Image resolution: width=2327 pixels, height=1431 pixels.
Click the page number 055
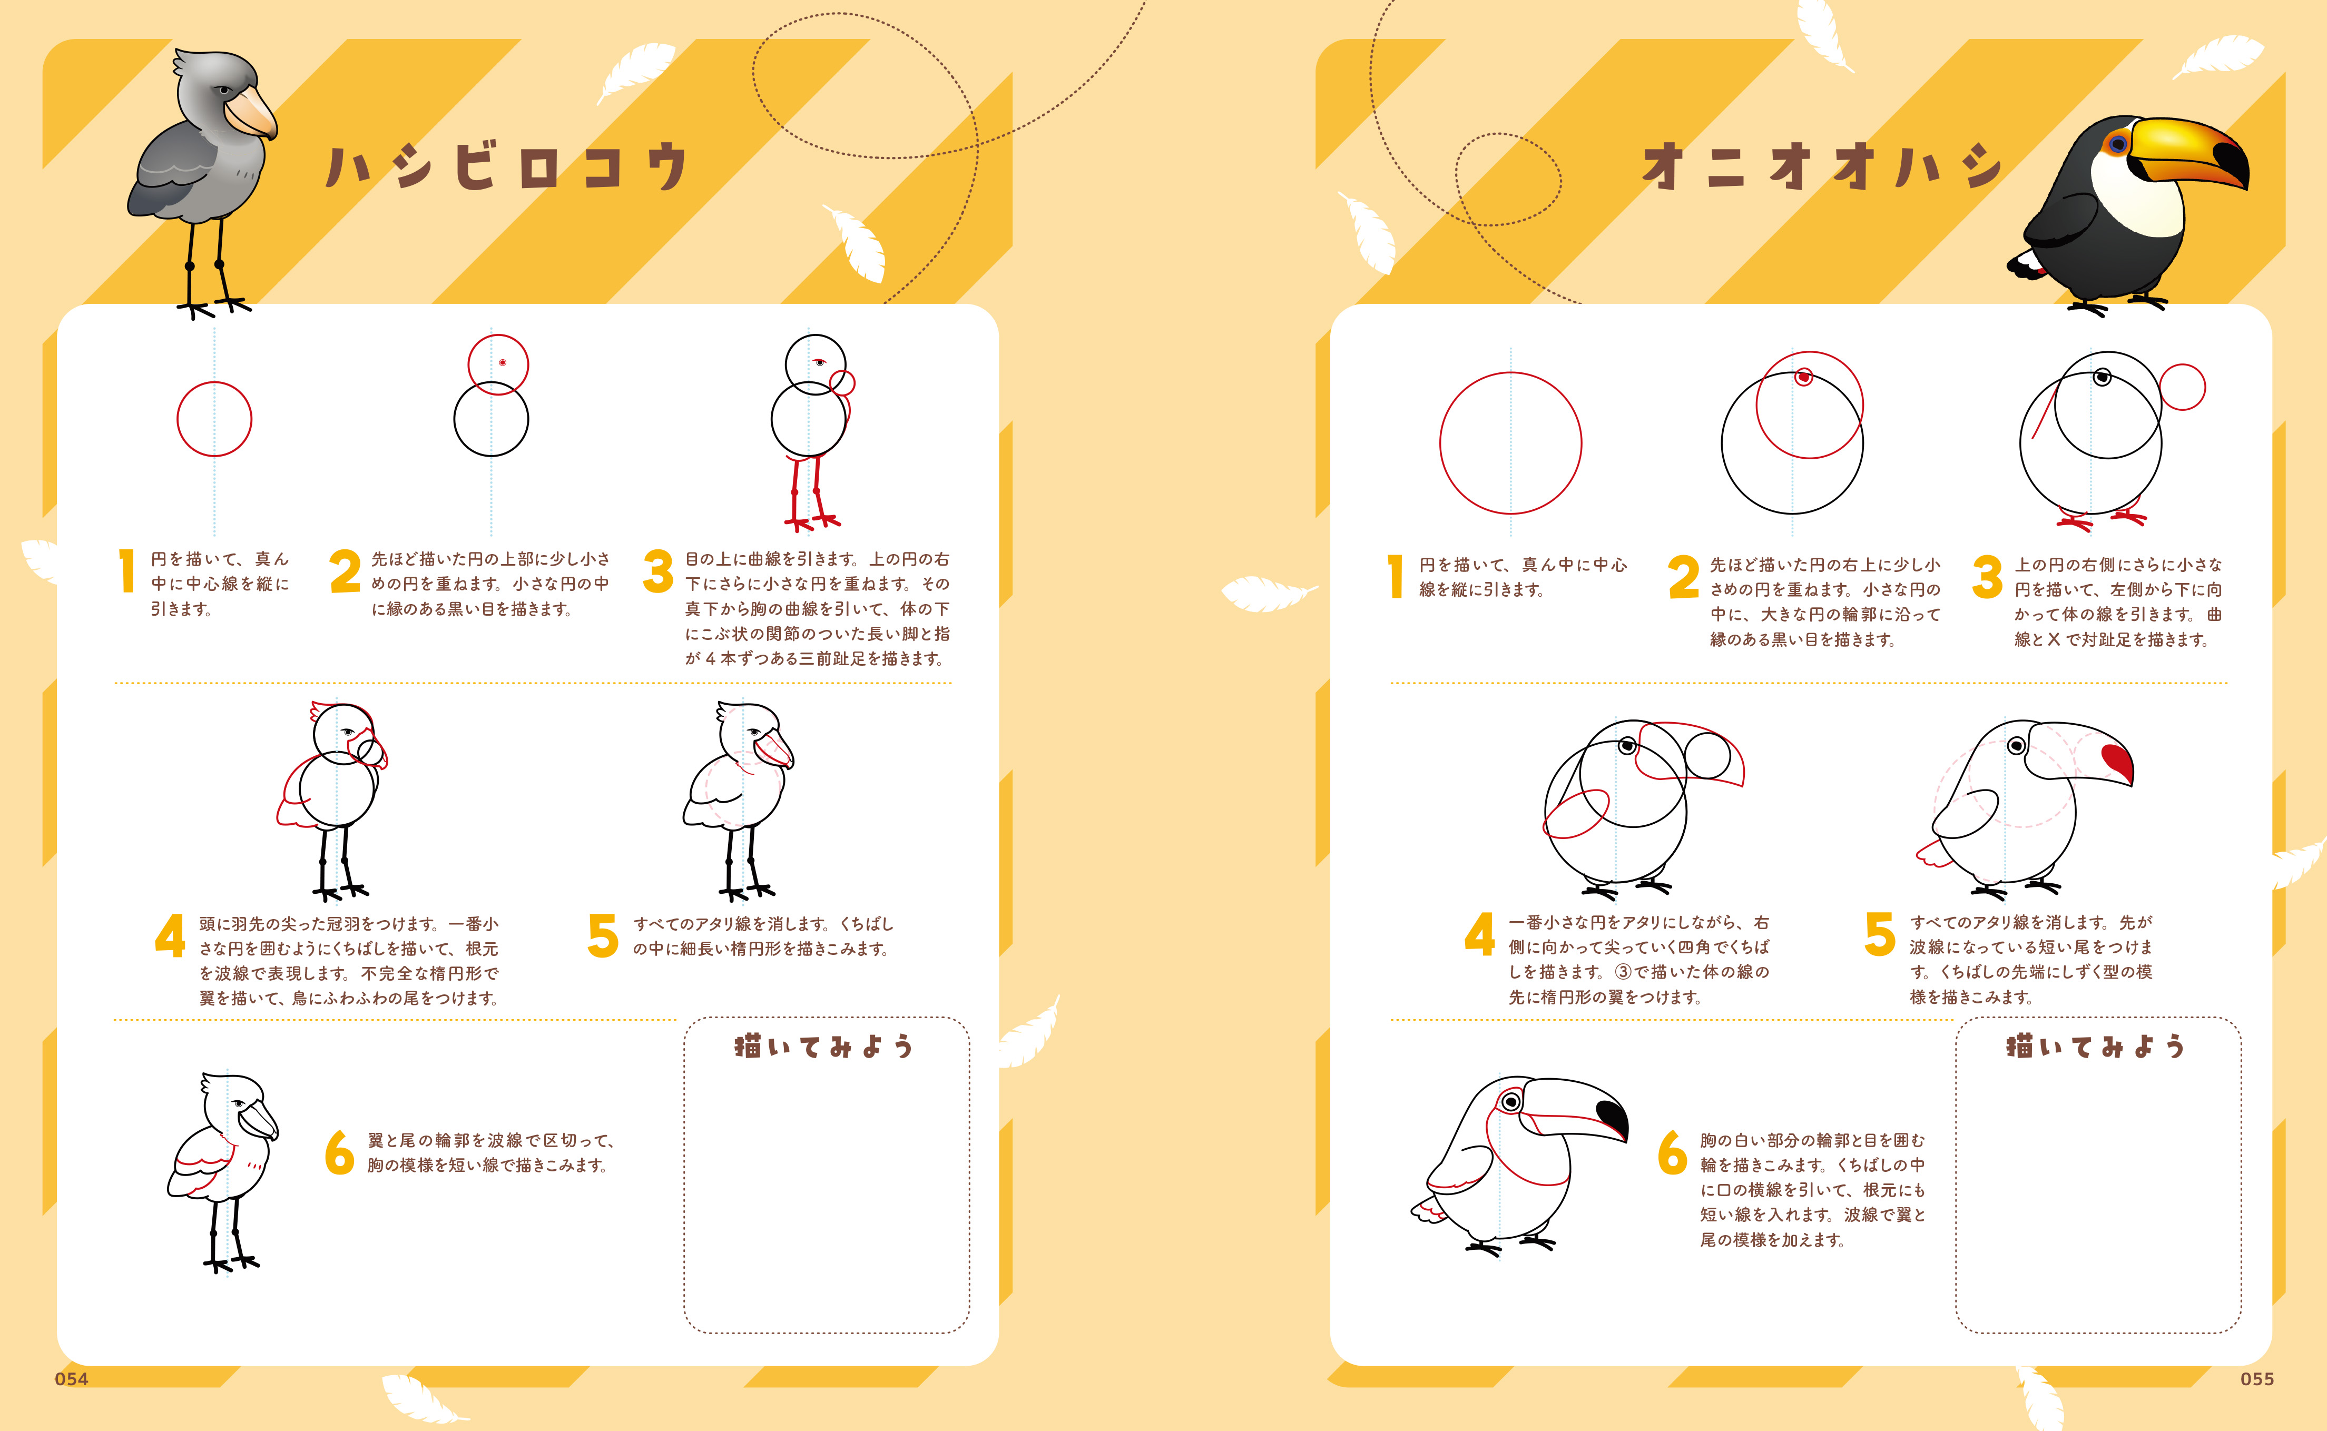coord(2257,1379)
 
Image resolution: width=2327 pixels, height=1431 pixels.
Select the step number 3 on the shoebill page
coord(658,571)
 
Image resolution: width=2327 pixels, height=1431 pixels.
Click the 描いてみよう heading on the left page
coord(823,1046)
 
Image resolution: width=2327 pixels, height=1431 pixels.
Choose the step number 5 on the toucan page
coord(1880,934)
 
